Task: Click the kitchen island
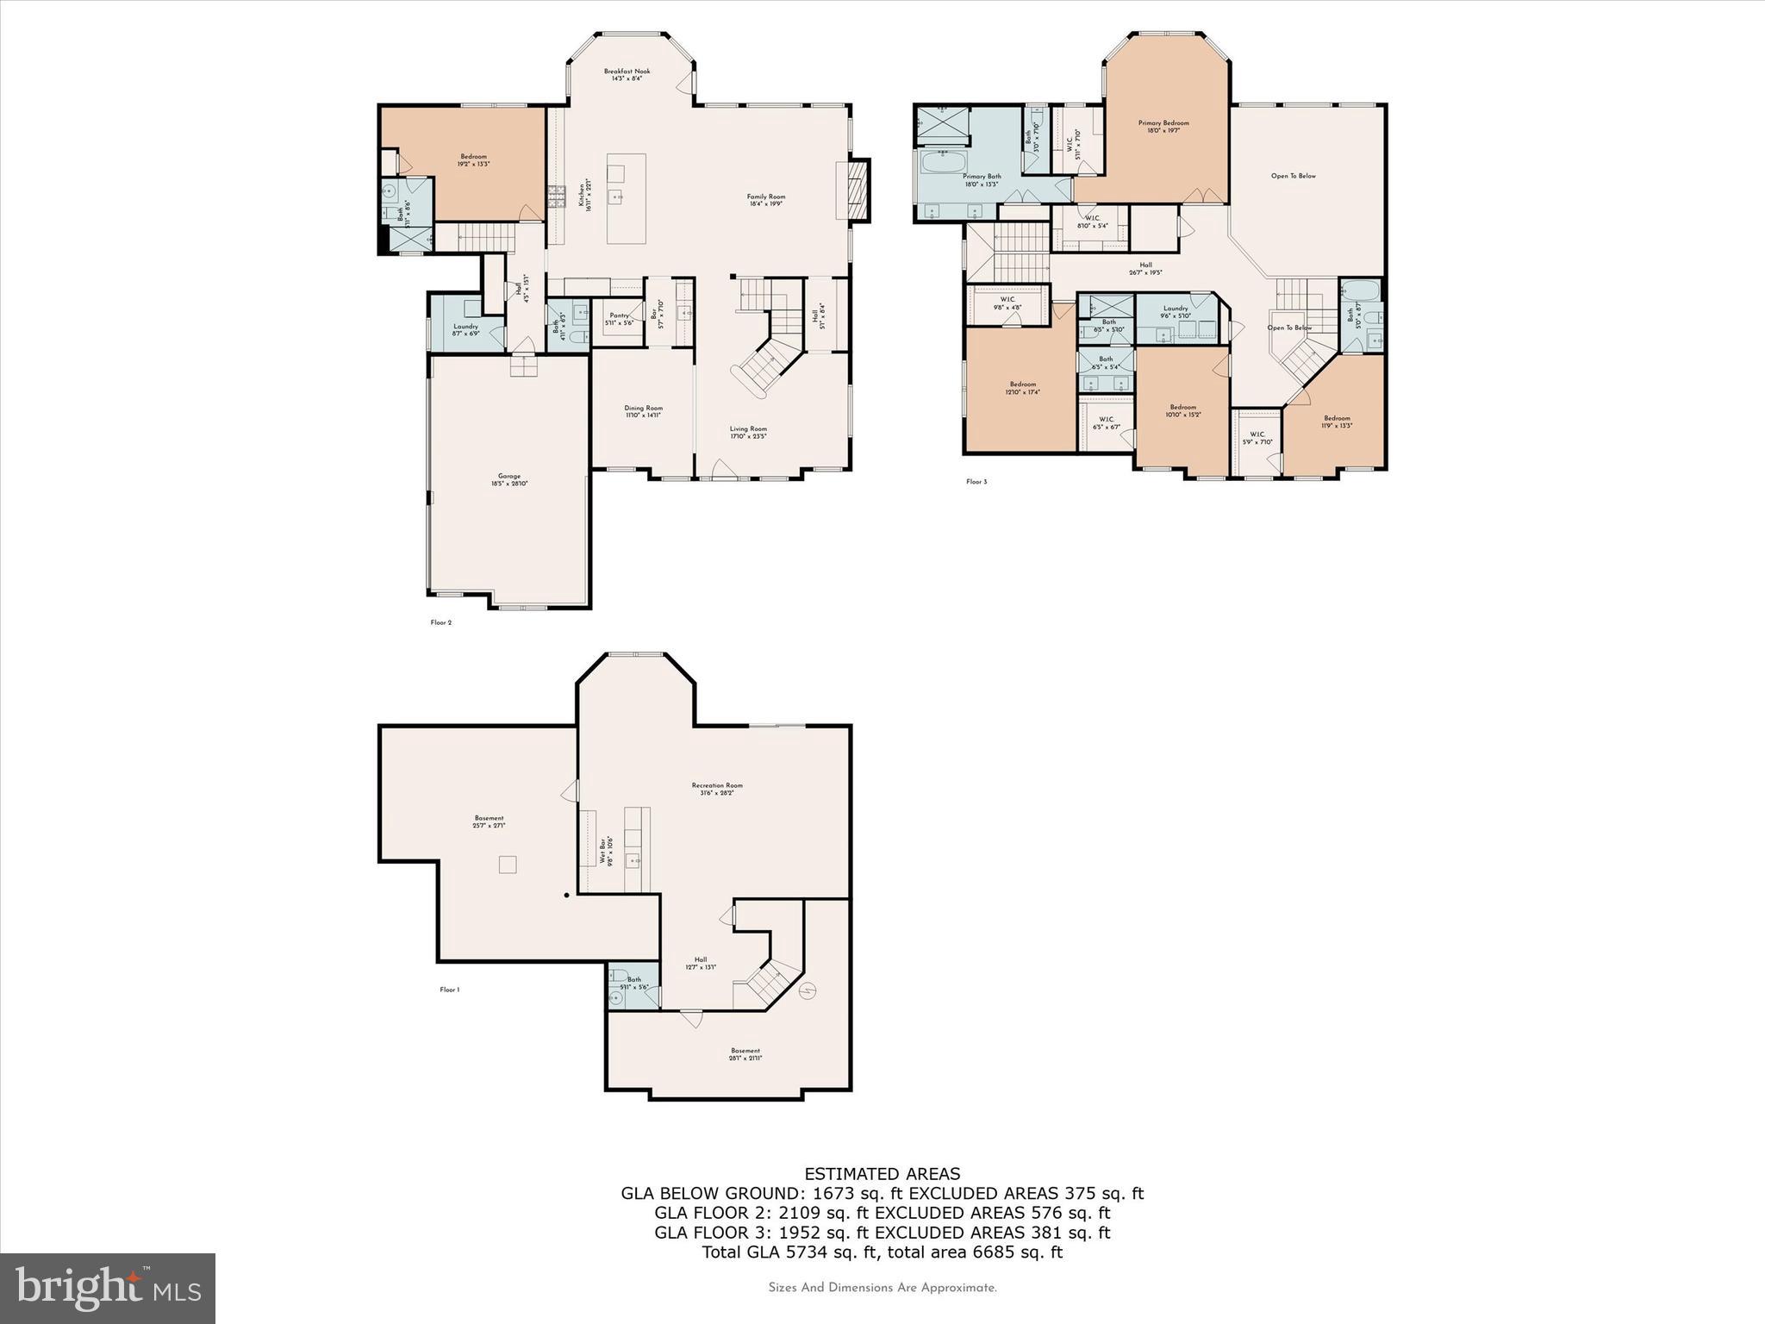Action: pos(627,198)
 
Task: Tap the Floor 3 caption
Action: pos(976,482)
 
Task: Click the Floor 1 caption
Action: pos(449,990)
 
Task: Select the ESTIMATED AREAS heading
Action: pos(882,1173)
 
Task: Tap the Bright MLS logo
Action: pos(108,1288)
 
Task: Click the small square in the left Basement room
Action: pos(508,864)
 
